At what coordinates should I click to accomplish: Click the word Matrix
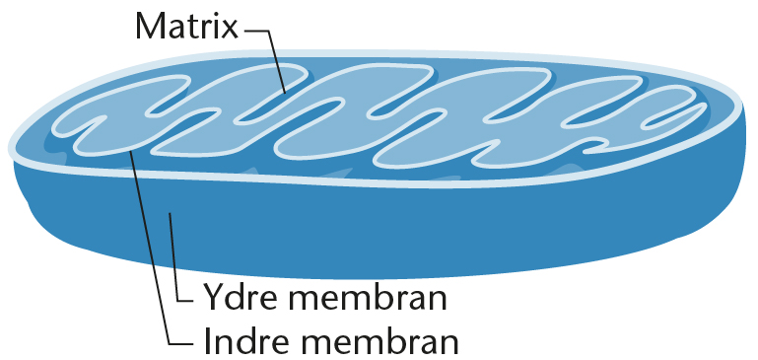tap(186, 27)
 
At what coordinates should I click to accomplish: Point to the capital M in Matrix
tap(151, 27)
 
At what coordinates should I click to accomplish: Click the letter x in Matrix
tap(229, 31)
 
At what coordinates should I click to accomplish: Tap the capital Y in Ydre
tap(213, 297)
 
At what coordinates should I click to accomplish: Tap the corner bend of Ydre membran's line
tap(178, 302)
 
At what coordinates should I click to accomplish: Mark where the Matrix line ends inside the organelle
tap(285, 92)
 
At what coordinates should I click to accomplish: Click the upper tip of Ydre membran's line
tap(170, 213)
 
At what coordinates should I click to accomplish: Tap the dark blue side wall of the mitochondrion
tap(386, 228)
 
